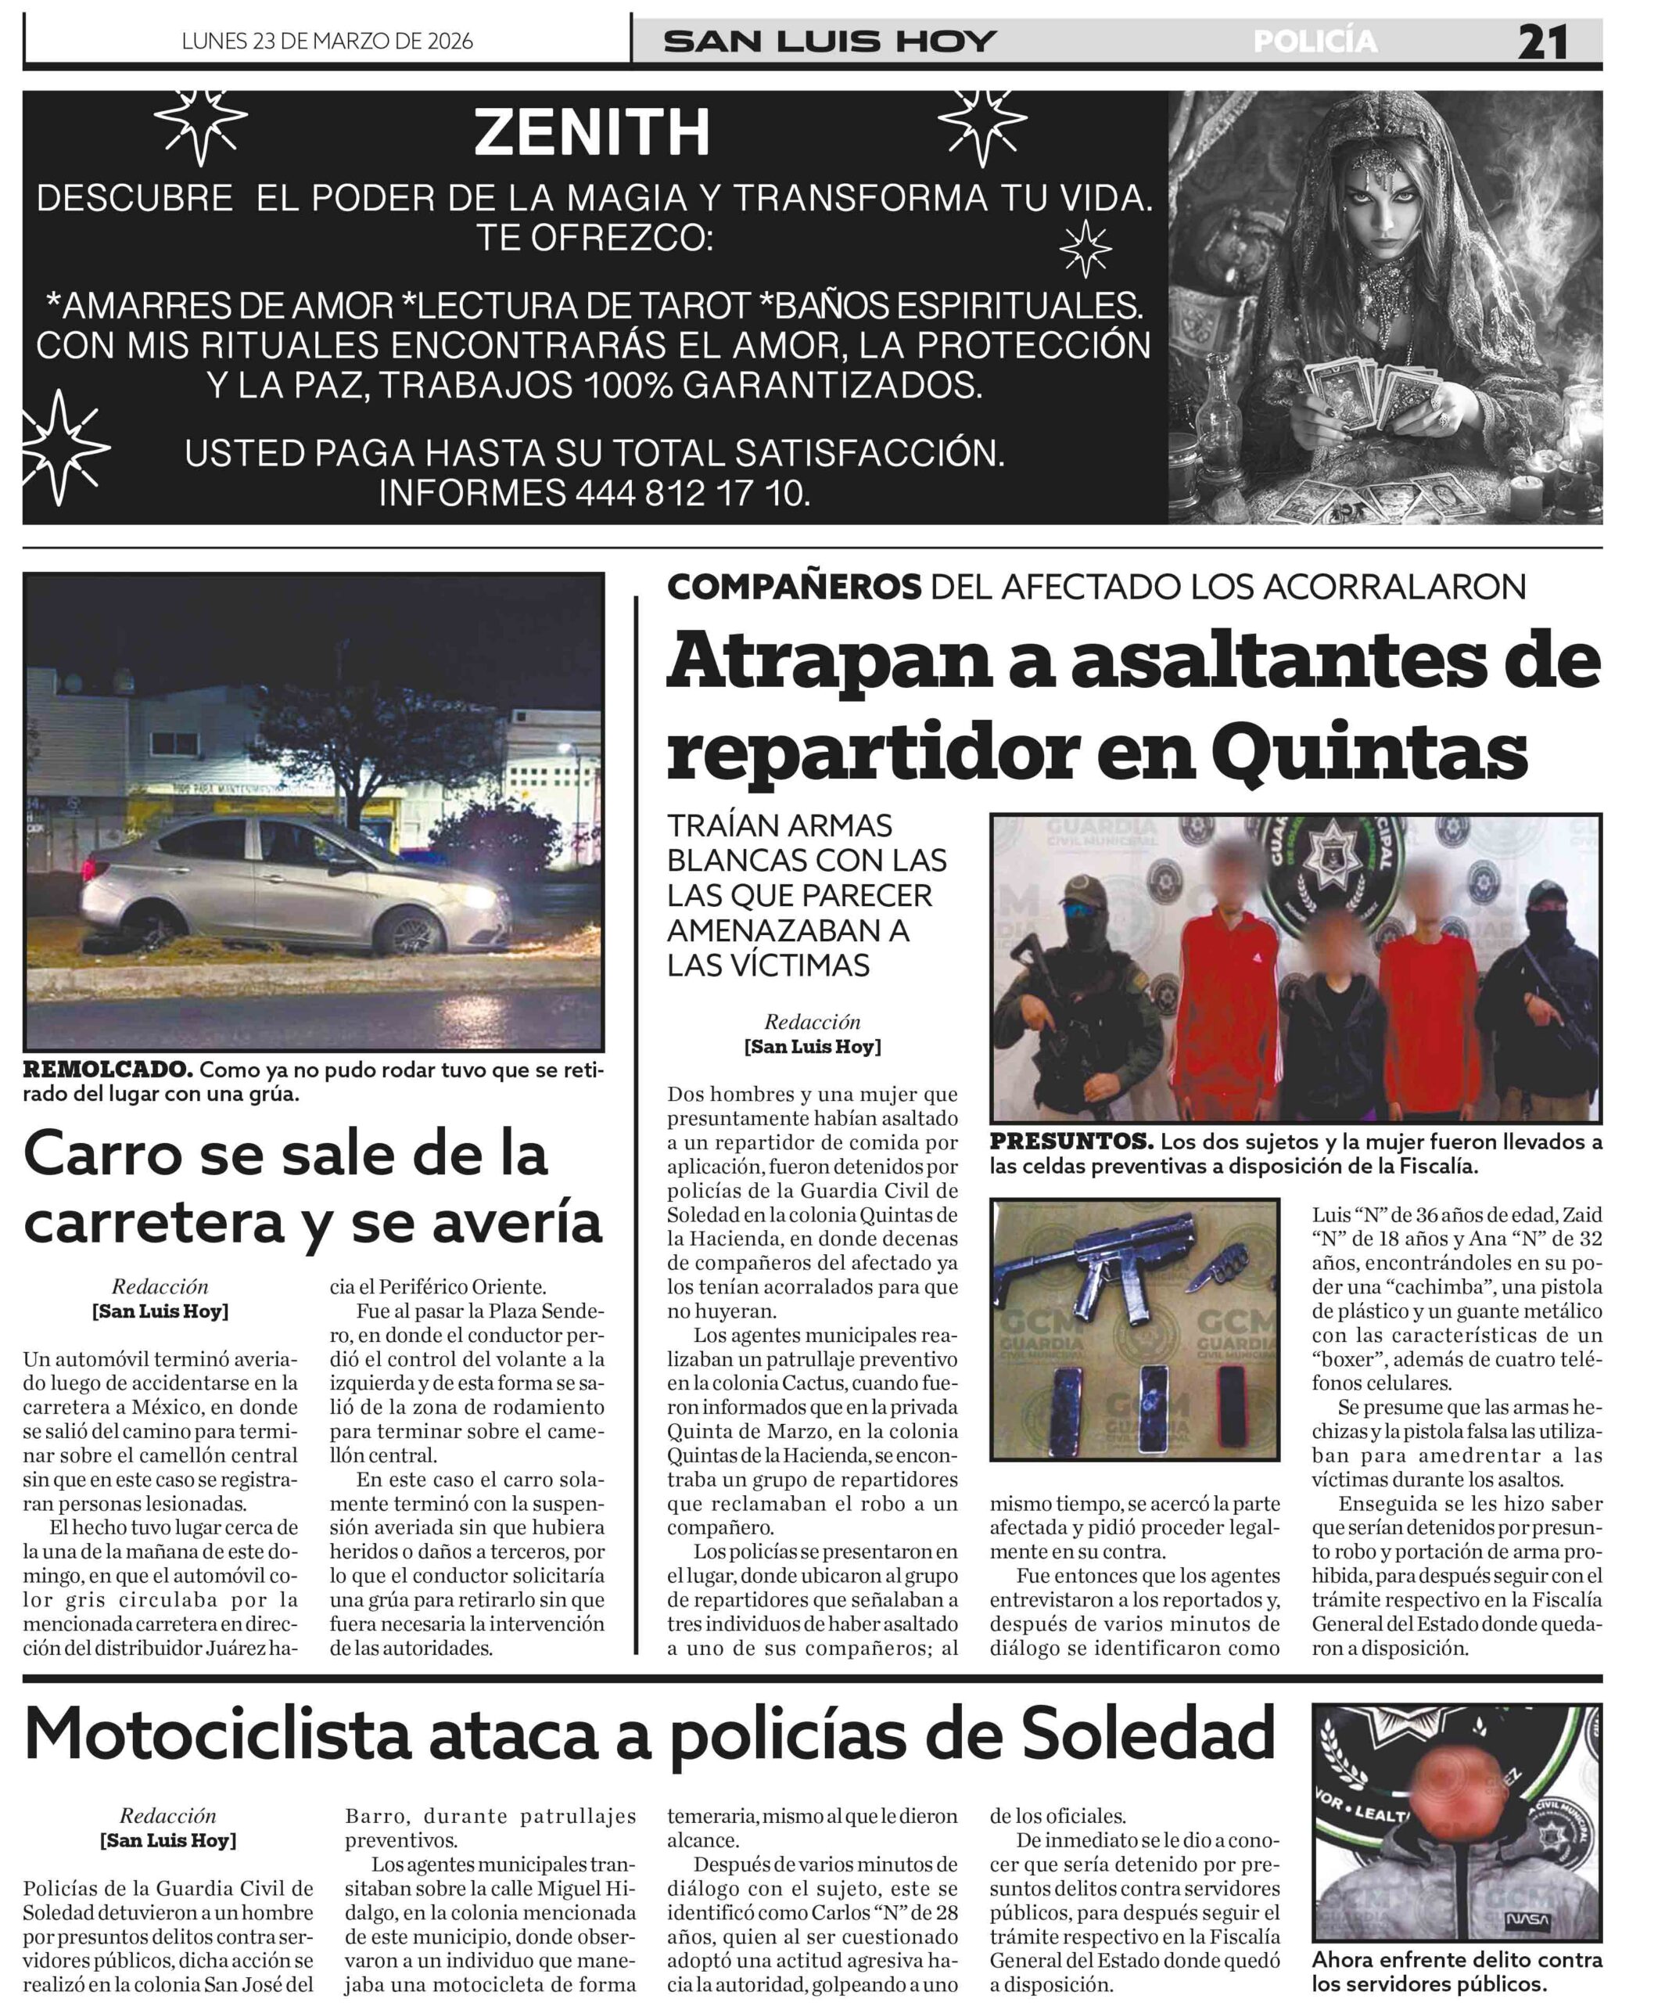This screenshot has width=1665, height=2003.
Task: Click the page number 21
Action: [1542, 42]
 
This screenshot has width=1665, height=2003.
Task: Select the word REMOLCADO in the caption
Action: [107, 1070]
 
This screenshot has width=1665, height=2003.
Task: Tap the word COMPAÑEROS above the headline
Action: [794, 587]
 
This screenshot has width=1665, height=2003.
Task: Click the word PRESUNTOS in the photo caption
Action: [1070, 1142]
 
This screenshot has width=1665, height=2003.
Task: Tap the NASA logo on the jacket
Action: [1526, 1920]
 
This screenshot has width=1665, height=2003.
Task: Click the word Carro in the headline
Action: [105, 1155]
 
